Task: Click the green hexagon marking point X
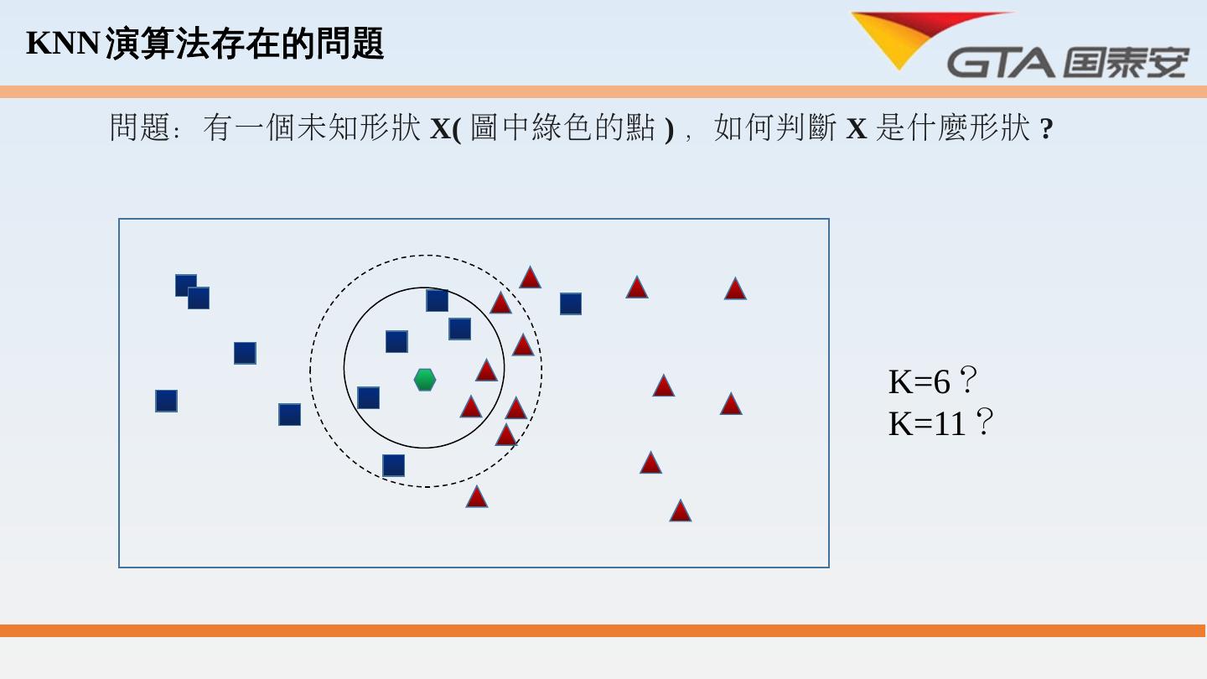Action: point(425,380)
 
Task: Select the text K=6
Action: point(919,381)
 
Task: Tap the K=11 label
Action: point(928,423)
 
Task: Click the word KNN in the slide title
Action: point(63,43)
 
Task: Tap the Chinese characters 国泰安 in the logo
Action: point(1127,63)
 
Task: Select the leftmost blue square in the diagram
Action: point(166,401)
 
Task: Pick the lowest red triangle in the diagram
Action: point(680,511)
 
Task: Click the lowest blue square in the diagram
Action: point(393,465)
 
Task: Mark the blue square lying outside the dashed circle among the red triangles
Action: point(571,303)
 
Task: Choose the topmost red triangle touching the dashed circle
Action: point(530,277)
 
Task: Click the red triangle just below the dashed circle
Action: point(477,497)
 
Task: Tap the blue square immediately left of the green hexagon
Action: point(368,397)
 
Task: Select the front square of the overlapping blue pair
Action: point(199,298)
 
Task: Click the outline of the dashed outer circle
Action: point(311,371)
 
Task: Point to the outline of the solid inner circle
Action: point(344,367)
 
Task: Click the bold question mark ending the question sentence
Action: point(1046,129)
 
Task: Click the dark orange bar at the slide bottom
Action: point(603,630)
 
